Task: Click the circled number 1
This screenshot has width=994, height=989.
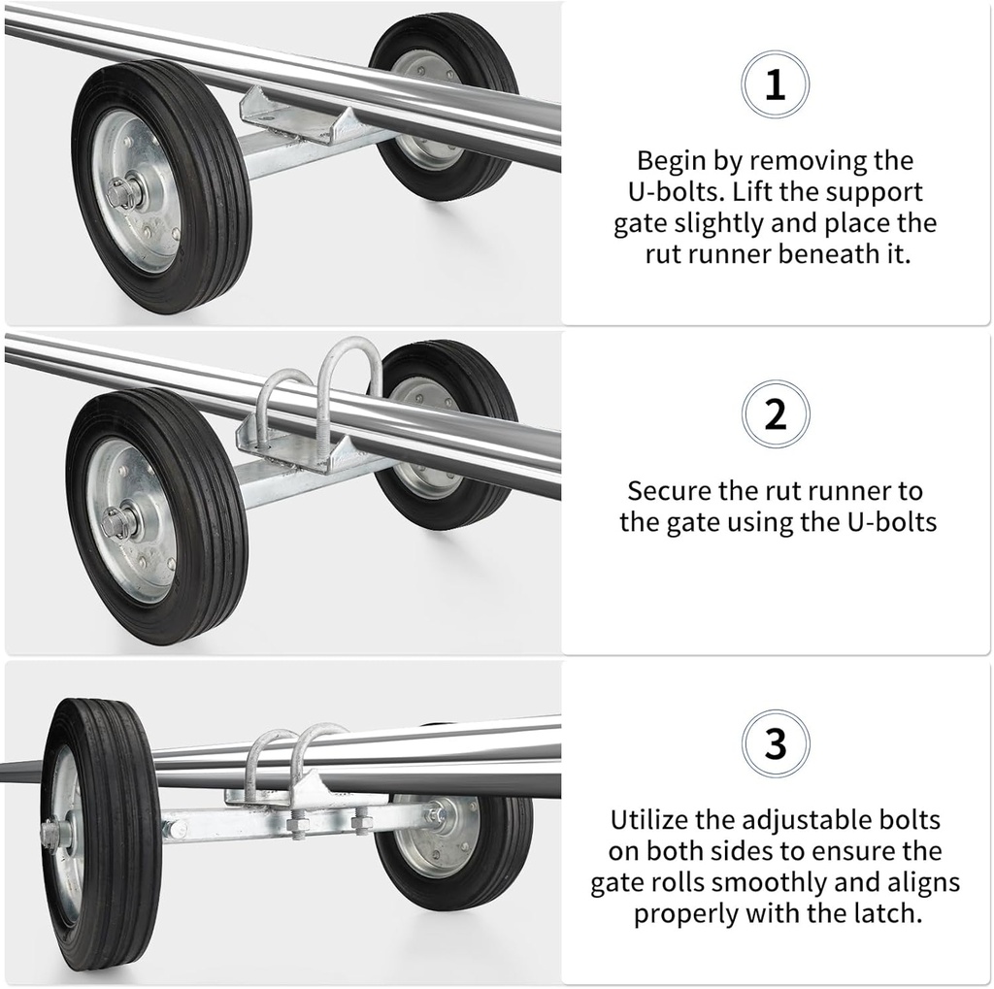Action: point(775,85)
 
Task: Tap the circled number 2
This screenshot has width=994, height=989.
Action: point(775,414)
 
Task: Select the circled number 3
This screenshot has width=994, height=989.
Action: point(775,744)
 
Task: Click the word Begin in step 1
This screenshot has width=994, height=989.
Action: point(671,161)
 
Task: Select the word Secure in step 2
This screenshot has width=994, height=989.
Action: point(670,491)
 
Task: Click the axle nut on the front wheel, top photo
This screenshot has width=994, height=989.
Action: point(122,193)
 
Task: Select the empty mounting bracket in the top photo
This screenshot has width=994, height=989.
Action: point(301,115)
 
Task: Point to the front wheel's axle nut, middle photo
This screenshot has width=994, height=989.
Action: point(118,522)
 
